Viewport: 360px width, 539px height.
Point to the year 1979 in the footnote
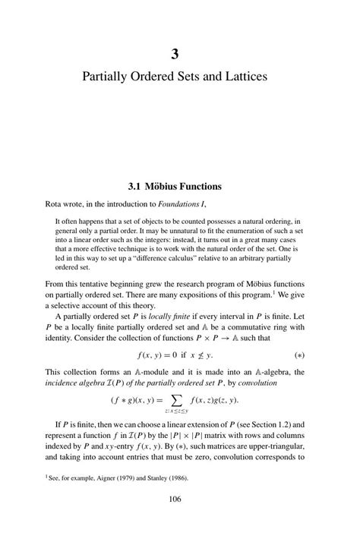coord(129,478)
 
